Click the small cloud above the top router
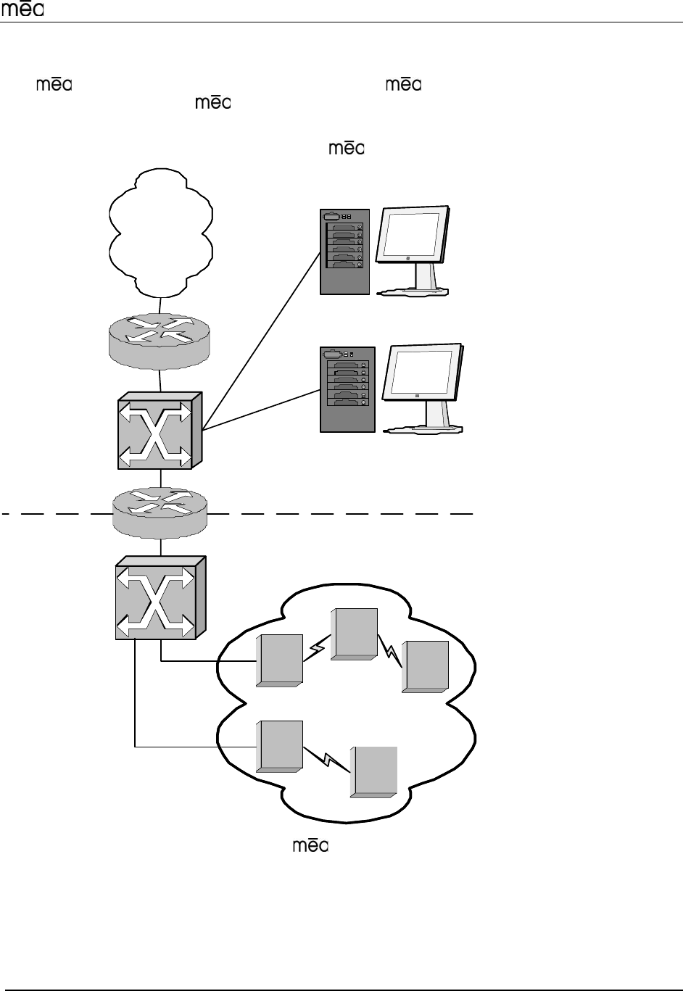[160, 231]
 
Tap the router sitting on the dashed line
[160, 511]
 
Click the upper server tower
[344, 251]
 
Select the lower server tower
[347, 389]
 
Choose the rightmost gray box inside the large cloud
[426, 666]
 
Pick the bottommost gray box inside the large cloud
[374, 772]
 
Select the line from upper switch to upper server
[261, 339]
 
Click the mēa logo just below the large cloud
[310, 846]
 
